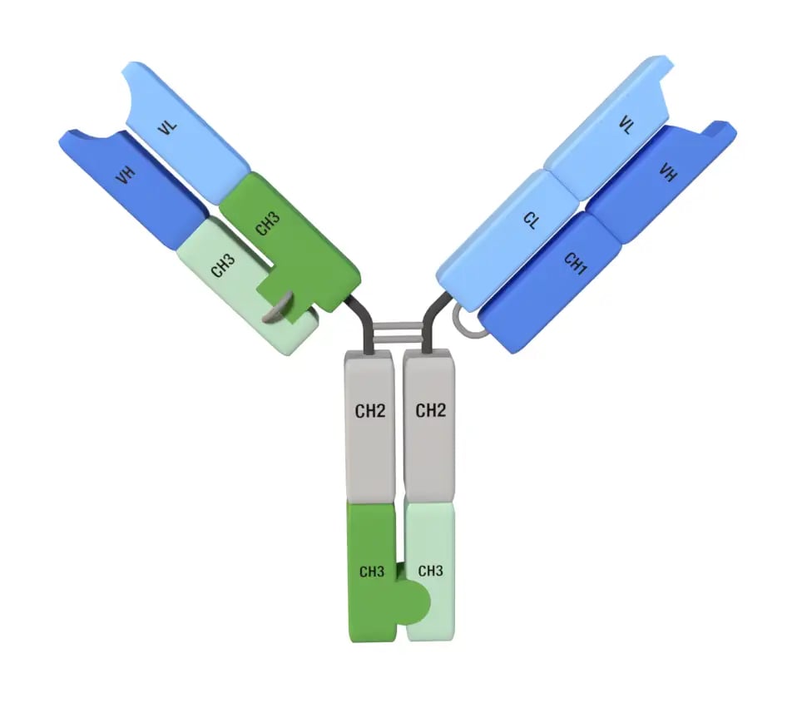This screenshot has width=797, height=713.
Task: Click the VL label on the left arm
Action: click(167, 126)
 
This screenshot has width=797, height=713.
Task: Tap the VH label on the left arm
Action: click(125, 176)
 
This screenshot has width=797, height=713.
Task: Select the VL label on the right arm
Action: click(626, 125)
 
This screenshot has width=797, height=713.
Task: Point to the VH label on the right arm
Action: click(668, 173)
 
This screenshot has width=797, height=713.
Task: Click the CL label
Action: click(531, 220)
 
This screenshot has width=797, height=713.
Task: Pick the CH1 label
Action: click(575, 265)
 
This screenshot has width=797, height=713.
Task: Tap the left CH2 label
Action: click(369, 411)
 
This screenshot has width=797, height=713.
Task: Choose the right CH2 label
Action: click(430, 409)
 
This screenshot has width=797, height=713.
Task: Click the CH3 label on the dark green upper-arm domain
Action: click(267, 224)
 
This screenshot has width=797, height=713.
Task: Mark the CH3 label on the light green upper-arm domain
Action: click(223, 265)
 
